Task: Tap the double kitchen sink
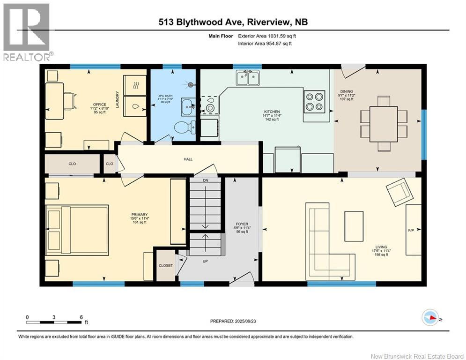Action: pos(248,78)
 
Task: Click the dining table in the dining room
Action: pos(384,124)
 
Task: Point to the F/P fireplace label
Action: pos(411,230)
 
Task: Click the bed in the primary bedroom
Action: pos(77,230)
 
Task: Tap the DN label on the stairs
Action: pos(205,180)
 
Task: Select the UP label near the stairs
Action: pos(205,261)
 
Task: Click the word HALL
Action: pos(188,159)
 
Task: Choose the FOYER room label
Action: pos(242,224)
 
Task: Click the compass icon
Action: pos(430,318)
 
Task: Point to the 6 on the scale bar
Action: pos(81,317)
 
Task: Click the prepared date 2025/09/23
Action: pos(245,321)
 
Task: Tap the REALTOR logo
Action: pos(26,32)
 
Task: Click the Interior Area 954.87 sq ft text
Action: pos(265,44)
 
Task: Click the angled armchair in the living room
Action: pos(399,192)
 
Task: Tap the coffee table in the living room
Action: pos(354,226)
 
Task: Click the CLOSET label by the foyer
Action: pos(165,265)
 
